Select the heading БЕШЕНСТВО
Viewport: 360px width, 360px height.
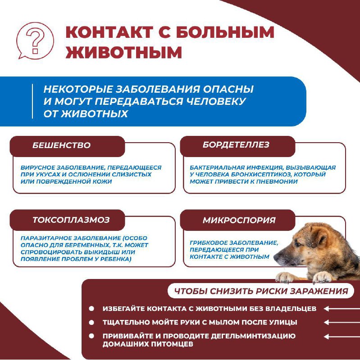[x=61, y=145]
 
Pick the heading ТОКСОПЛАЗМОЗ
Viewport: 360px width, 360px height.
[x=71, y=220]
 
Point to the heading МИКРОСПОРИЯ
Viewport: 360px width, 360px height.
[x=239, y=220]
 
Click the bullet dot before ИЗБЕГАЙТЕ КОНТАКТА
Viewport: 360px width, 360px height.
[x=91, y=309]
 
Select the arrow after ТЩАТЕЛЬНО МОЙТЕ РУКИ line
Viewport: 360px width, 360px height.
[x=340, y=322]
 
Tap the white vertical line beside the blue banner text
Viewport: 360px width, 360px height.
[x=33, y=101]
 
